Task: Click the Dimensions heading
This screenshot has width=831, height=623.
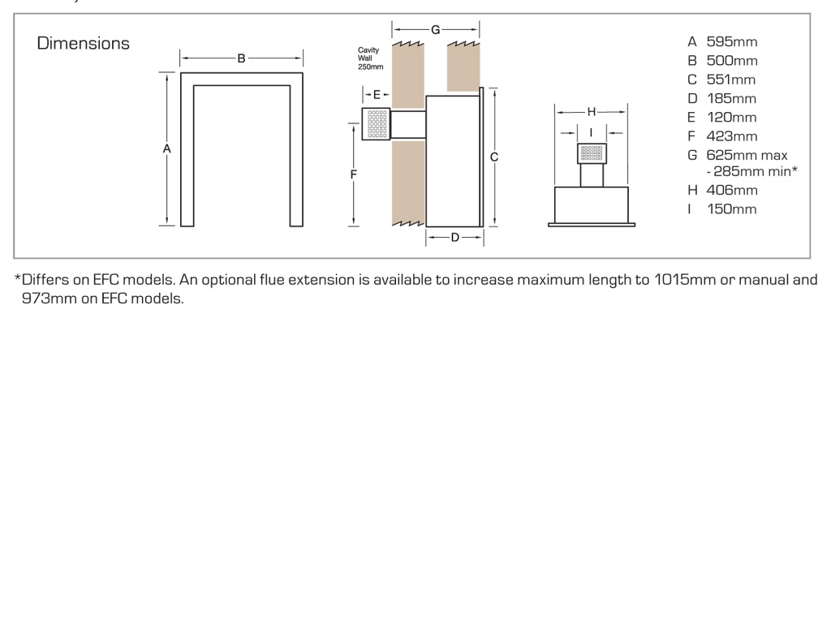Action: (x=83, y=44)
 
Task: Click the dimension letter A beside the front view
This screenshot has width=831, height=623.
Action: (x=166, y=148)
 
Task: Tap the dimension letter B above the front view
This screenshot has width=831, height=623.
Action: (x=241, y=58)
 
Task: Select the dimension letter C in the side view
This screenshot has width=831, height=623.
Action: (x=494, y=157)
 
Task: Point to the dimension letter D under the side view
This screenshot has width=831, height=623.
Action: (x=454, y=237)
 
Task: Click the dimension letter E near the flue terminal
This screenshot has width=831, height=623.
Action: (x=377, y=94)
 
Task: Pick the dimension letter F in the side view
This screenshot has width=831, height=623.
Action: (x=354, y=174)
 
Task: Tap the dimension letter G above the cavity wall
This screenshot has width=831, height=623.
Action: (x=435, y=30)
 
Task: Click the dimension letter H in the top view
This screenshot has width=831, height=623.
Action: (x=591, y=111)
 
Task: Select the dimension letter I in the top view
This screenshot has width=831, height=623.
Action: (x=591, y=131)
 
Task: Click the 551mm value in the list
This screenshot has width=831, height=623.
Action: (x=730, y=79)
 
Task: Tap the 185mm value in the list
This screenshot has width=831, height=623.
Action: (x=731, y=99)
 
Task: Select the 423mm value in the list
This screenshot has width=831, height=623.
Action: (x=731, y=136)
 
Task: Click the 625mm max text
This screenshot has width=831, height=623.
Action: (x=747, y=155)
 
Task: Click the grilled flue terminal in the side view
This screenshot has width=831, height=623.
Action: (x=377, y=124)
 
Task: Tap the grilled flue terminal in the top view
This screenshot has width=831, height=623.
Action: (x=592, y=153)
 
